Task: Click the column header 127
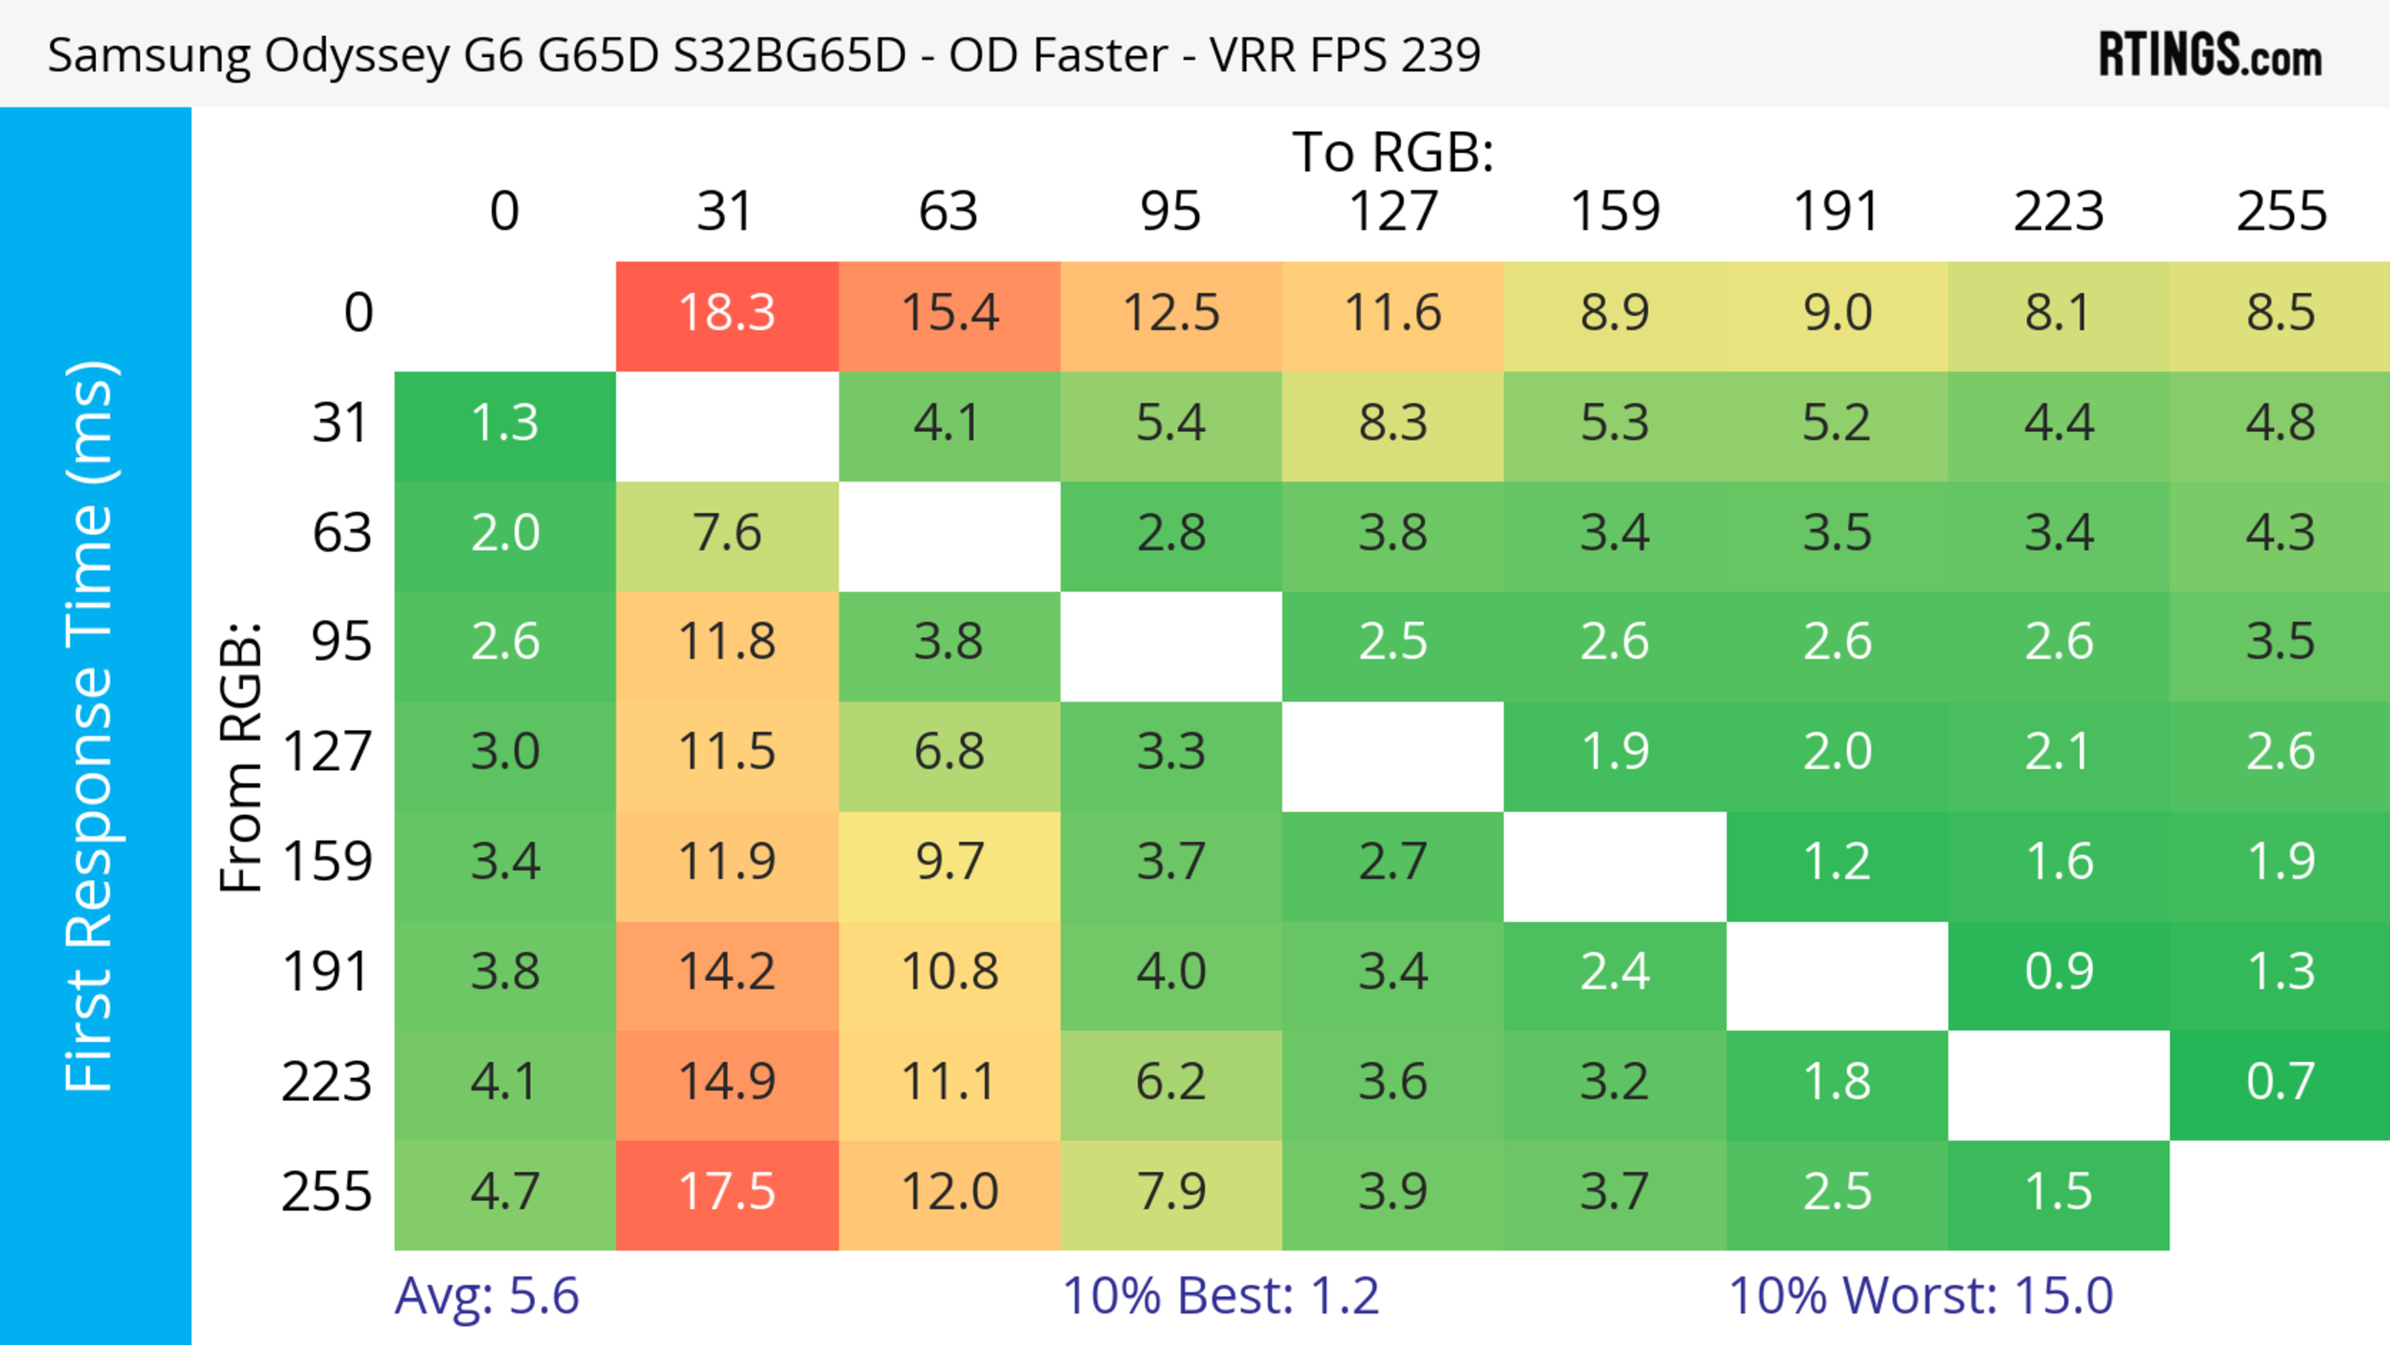click(x=1393, y=212)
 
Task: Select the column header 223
click(x=2059, y=212)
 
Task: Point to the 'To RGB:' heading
click(x=1393, y=153)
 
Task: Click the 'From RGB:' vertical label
click(x=241, y=756)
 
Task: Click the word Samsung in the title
click(x=149, y=55)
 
